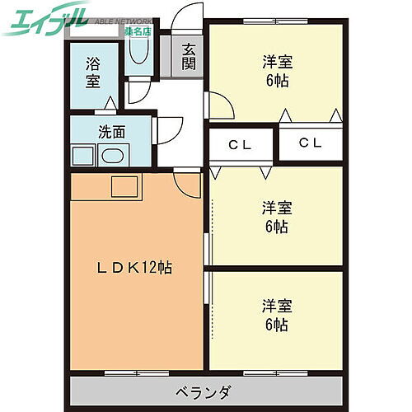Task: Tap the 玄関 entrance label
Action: pyautogui.click(x=190, y=55)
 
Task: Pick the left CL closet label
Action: pyautogui.click(x=240, y=144)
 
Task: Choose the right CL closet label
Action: pyautogui.click(x=310, y=143)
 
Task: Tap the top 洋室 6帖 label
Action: pyautogui.click(x=275, y=72)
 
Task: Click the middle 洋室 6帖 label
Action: pyautogui.click(x=275, y=216)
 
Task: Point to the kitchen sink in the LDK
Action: pyautogui.click(x=126, y=186)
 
